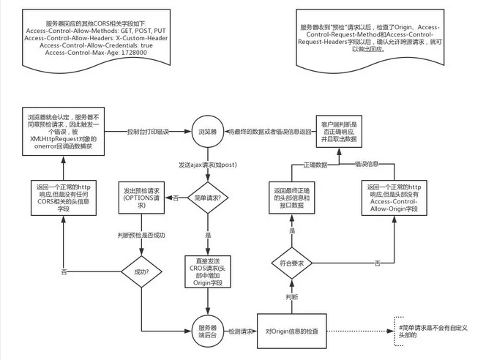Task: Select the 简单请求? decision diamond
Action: [207, 198]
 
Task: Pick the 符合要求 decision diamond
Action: [292, 263]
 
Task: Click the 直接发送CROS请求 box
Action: [207, 272]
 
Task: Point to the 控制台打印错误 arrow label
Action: [149, 132]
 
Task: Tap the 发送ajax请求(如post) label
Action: [207, 165]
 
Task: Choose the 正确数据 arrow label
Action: [315, 165]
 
